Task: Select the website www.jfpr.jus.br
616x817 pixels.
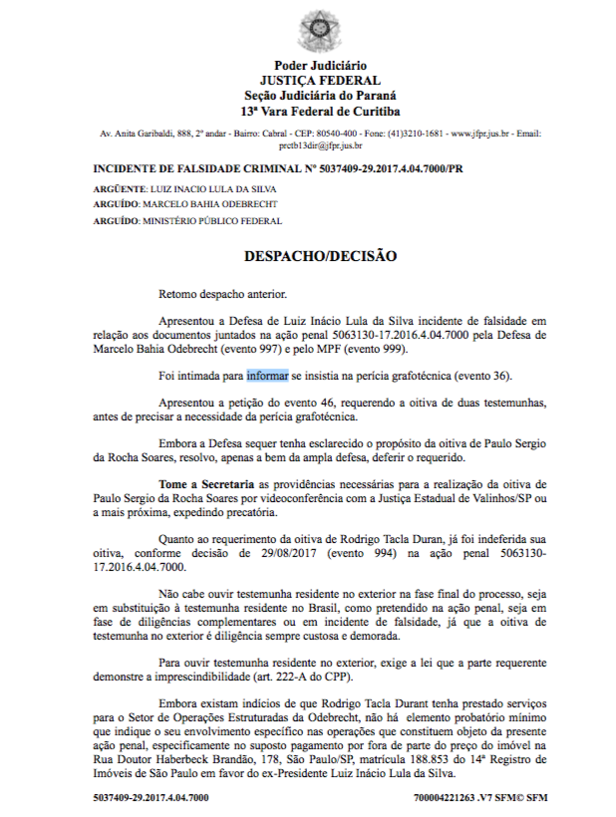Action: pyautogui.click(x=481, y=133)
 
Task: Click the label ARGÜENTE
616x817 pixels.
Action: pyautogui.click(x=118, y=187)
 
